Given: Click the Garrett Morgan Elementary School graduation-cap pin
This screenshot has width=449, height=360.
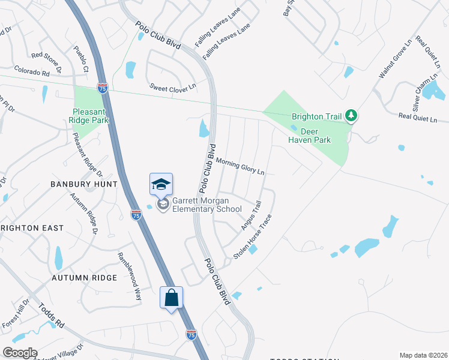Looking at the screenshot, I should (161, 185).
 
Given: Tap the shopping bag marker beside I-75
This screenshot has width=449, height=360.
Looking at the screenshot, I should (171, 297).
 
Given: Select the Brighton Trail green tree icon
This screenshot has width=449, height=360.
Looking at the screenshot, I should (354, 115).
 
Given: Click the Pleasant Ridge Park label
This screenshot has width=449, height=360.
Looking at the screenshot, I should (91, 116).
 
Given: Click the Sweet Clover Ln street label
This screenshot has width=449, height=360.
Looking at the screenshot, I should (173, 87).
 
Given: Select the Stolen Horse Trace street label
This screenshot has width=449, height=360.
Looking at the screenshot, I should (253, 236).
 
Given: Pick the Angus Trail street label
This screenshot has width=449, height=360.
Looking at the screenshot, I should (252, 215).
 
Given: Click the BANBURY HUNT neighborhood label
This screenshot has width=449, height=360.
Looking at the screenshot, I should (83, 184).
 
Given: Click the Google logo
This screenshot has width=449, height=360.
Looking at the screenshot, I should (20, 353).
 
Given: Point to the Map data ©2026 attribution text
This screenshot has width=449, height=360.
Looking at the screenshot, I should (424, 355).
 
